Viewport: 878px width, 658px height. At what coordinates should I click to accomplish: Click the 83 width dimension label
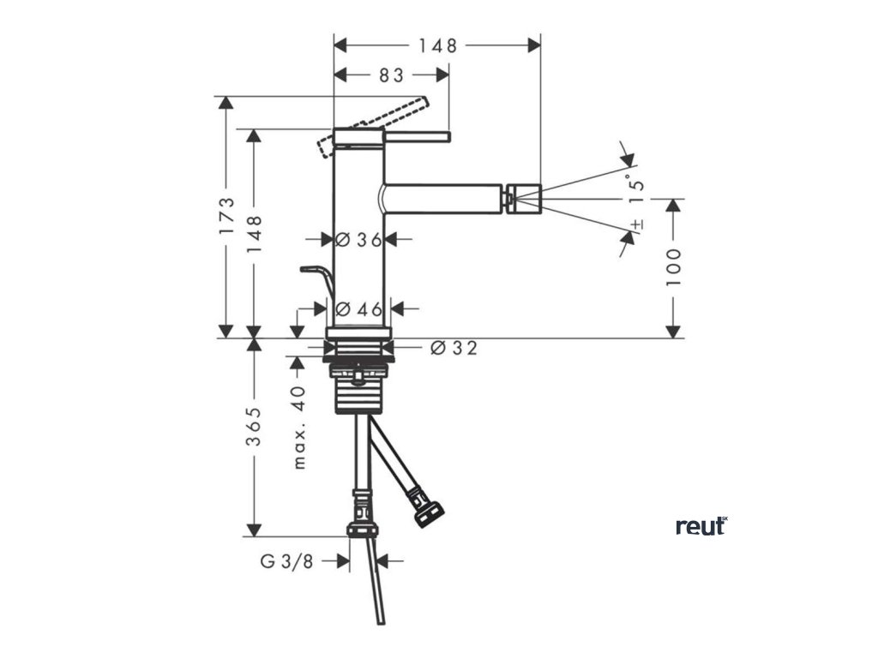coord(391,75)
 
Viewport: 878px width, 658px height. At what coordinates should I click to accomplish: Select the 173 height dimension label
coord(226,216)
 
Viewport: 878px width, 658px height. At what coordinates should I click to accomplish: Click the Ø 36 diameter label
coord(358,240)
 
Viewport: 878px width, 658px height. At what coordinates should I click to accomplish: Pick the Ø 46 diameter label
coord(358,309)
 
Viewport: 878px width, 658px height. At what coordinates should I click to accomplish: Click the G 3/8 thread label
coord(287,561)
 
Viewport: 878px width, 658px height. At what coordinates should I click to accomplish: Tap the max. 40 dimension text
coord(298,427)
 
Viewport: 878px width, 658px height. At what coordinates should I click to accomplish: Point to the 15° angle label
coord(634,189)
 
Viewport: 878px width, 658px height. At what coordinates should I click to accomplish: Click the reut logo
coord(701,525)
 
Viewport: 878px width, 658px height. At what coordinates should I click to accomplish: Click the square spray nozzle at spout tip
coord(522,198)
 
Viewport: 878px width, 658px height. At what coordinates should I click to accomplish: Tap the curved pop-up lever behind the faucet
coord(317,278)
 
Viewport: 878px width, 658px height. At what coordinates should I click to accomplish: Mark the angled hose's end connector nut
coord(427,512)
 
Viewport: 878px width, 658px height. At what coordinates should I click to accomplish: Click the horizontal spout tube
coord(442,198)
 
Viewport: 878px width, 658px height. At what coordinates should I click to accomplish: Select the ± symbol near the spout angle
coord(636,224)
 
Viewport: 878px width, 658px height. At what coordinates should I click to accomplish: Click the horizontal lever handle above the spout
coord(416,135)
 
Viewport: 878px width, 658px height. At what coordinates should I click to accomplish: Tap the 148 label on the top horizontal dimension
coord(437,45)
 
